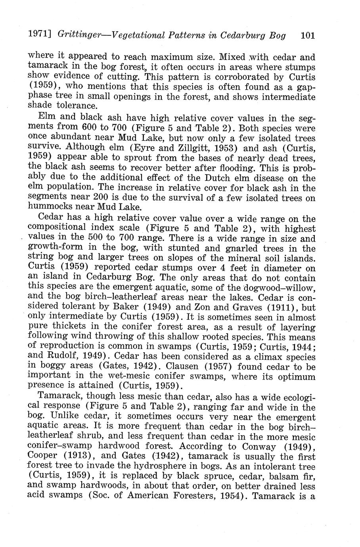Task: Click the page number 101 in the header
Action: (x=308, y=35)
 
